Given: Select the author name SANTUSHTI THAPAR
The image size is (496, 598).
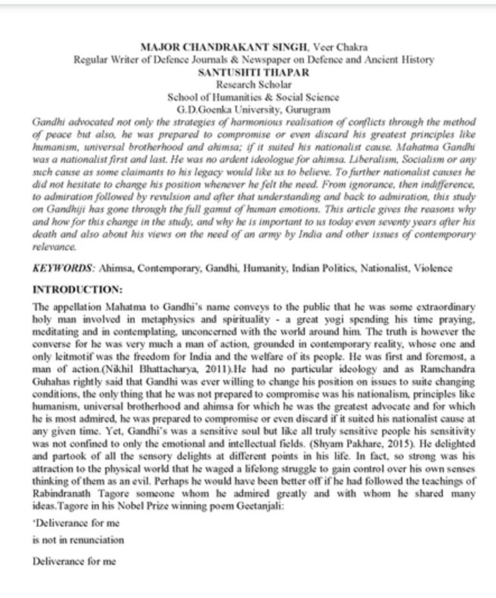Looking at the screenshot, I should [x=247, y=72].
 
